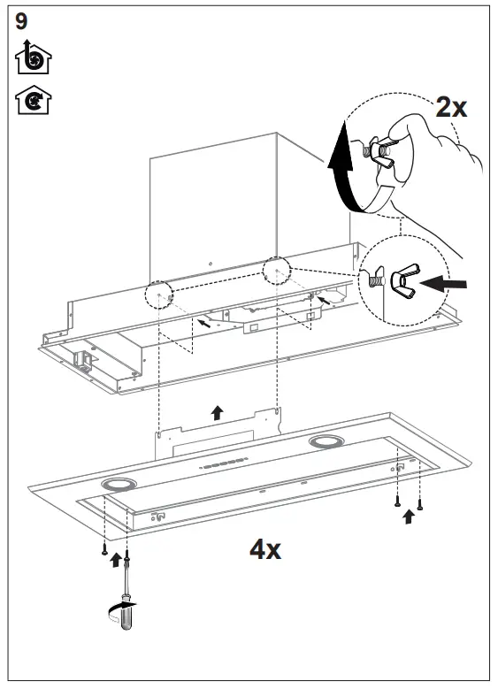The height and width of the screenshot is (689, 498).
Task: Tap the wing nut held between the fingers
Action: click(x=385, y=151)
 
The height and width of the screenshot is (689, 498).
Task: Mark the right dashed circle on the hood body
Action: click(x=276, y=269)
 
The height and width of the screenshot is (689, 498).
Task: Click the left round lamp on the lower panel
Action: click(x=116, y=484)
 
